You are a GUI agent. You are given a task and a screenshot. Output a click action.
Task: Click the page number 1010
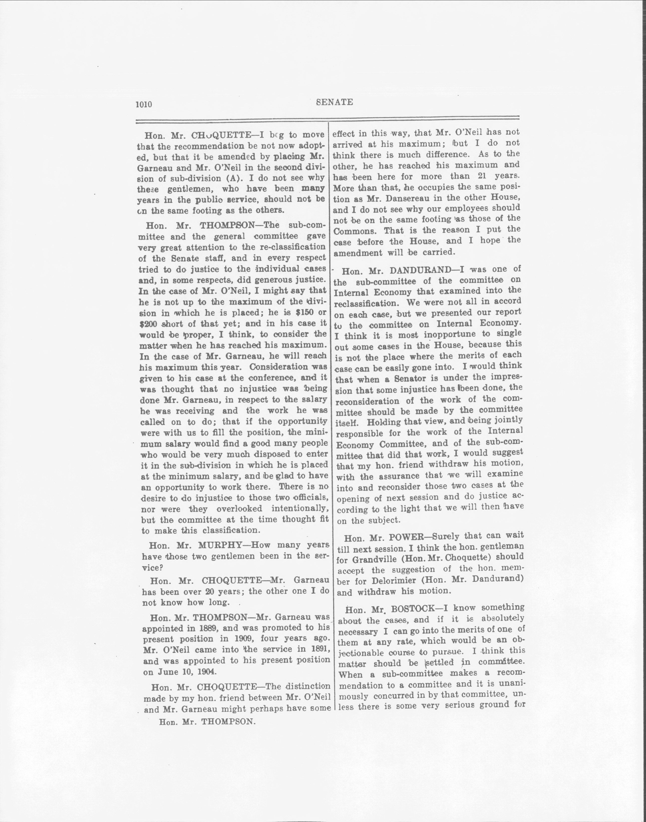[143, 104]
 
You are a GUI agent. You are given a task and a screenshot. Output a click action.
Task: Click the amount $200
[149, 324]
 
